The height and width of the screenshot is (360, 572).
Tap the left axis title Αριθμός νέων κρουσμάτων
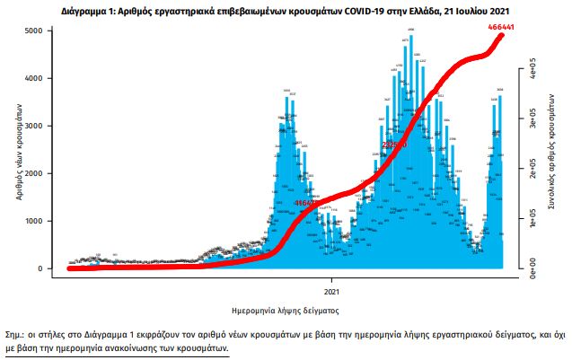(x=18, y=150)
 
